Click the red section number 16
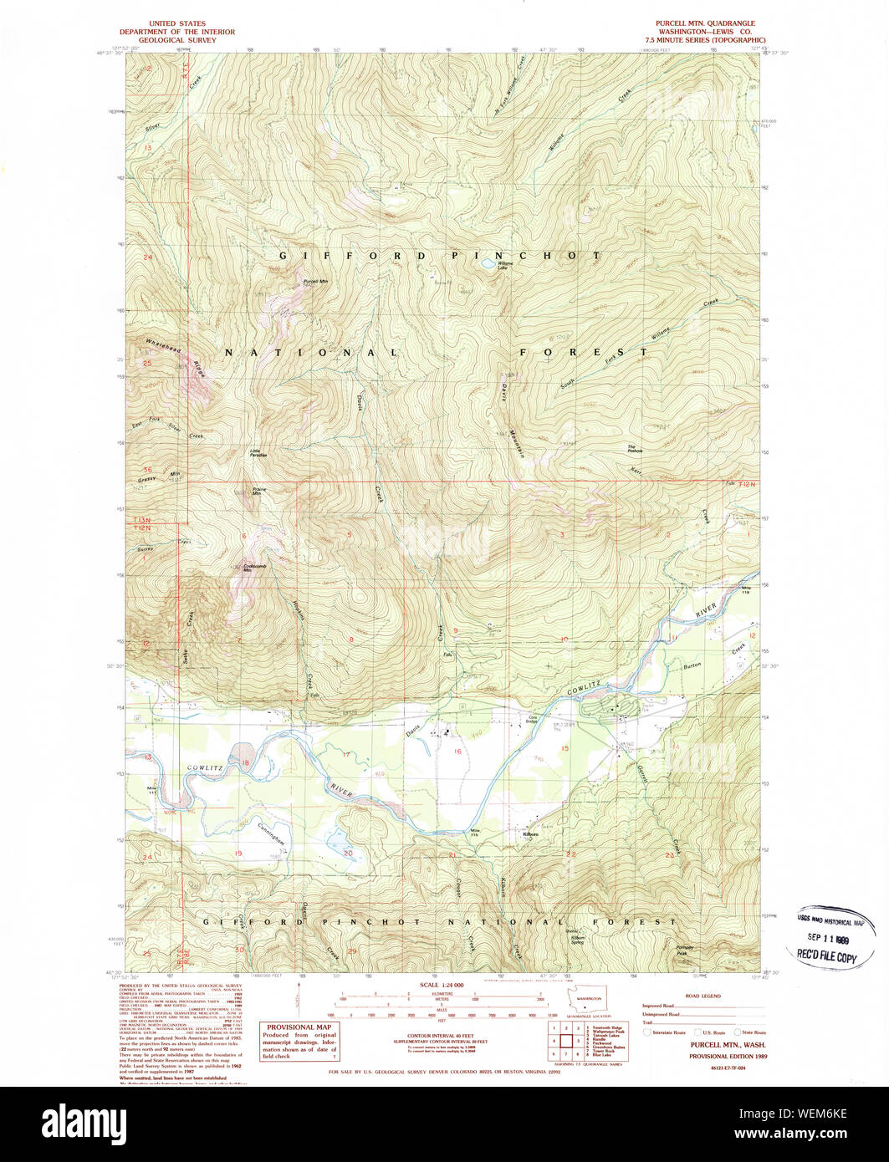(457, 752)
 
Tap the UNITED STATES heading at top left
(176, 23)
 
